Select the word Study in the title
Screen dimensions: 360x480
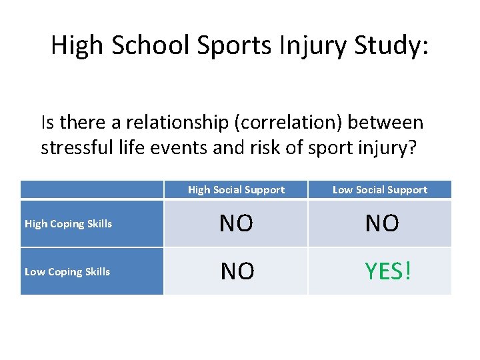pos(391,46)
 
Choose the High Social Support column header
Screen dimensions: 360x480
pos(236,190)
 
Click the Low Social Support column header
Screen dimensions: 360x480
pos(379,190)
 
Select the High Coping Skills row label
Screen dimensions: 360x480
pos(68,224)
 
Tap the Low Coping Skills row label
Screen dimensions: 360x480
pos(67,272)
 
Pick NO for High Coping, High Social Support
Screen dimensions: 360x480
pos(236,224)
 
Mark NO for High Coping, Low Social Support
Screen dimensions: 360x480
pos(382,224)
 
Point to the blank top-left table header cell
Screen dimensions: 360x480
pos(91,190)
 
